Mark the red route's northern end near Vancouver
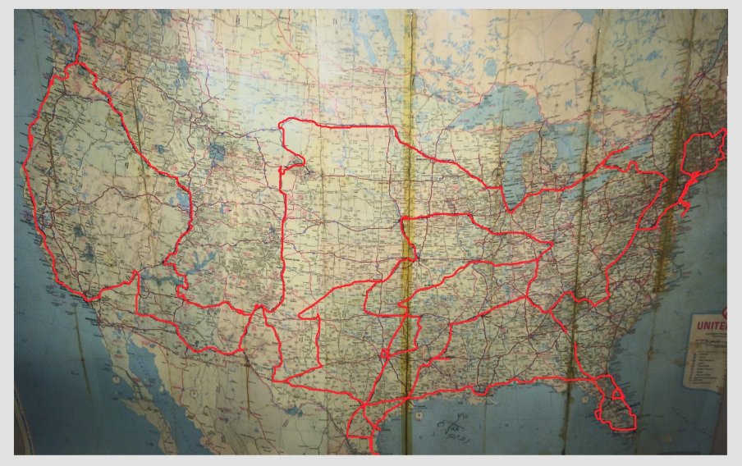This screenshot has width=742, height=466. point(76,25)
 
